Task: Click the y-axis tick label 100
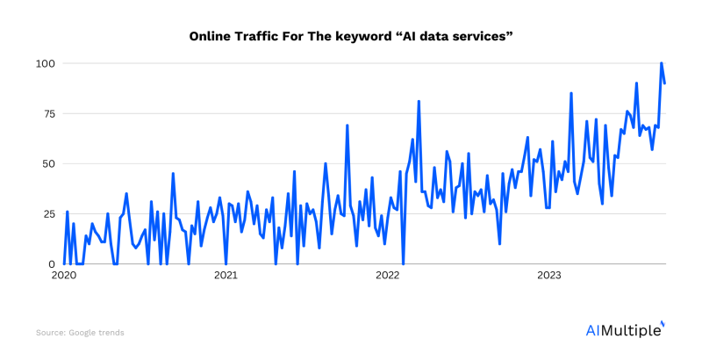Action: tap(45, 64)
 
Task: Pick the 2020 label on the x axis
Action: tap(64, 276)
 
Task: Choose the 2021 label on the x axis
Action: tap(226, 276)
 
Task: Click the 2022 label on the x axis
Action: tap(388, 276)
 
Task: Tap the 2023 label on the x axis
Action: tap(549, 276)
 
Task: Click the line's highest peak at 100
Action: tap(662, 63)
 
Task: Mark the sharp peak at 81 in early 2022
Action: tap(419, 102)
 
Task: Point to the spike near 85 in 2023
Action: tap(571, 93)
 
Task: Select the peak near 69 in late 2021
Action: tap(347, 126)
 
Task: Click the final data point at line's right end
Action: tap(665, 83)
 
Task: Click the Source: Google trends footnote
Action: tap(80, 333)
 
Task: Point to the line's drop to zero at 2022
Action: tap(403, 263)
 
